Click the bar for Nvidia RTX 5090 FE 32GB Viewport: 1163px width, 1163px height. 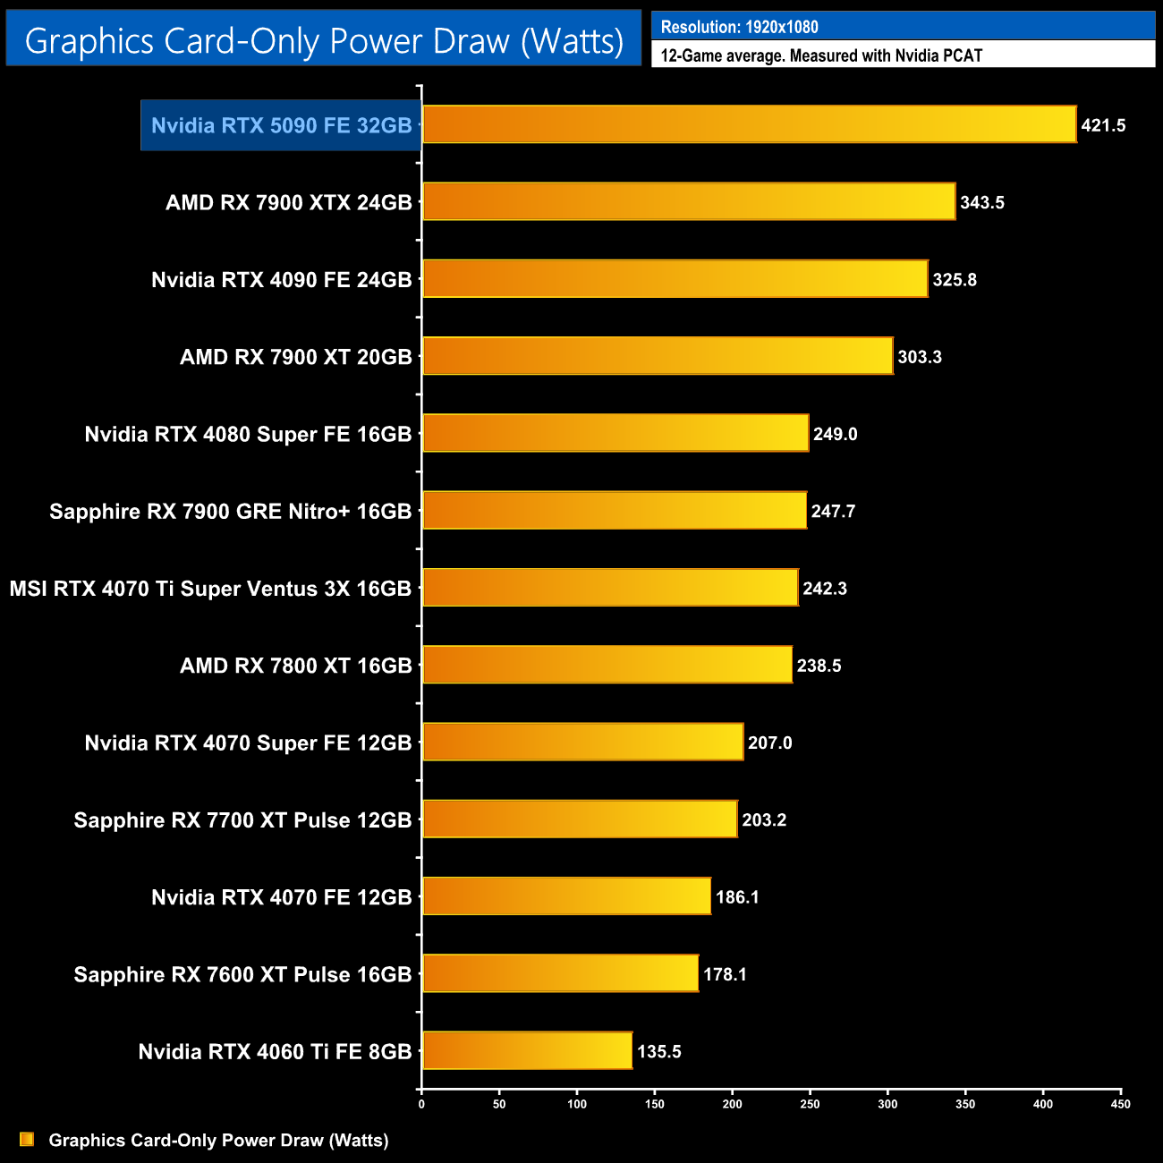pyautogui.click(x=749, y=124)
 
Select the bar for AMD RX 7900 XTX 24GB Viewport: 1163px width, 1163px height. pyautogui.click(x=689, y=201)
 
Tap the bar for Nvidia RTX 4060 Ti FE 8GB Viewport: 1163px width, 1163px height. pyautogui.click(x=527, y=1050)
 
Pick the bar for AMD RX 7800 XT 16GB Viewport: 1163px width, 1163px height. pyautogui.click(x=607, y=665)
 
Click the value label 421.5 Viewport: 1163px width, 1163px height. pyautogui.click(x=1103, y=125)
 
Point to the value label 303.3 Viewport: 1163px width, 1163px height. pyautogui.click(x=920, y=357)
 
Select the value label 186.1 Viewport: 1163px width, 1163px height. pyautogui.click(x=737, y=897)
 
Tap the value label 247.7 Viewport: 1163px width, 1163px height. pyautogui.click(x=833, y=512)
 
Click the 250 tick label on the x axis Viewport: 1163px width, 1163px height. pyautogui.click(x=810, y=1104)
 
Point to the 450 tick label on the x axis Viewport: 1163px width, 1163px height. pyautogui.click(x=1120, y=1104)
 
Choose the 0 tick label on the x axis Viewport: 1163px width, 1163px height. pyautogui.click(x=421, y=1104)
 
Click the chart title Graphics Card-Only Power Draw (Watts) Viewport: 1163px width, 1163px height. pyautogui.click(x=324, y=40)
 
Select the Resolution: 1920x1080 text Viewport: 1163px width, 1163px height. pyautogui.click(x=739, y=27)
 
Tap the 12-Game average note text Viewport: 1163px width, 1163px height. pyautogui.click(x=821, y=55)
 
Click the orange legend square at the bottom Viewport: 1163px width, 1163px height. pyautogui.click(x=27, y=1140)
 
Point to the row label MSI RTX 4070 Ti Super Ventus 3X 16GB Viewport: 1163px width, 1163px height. pyautogui.click(x=210, y=589)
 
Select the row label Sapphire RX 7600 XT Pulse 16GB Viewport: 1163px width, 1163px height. pyautogui.click(x=242, y=974)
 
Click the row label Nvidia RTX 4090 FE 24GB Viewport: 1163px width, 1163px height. pyautogui.click(x=281, y=280)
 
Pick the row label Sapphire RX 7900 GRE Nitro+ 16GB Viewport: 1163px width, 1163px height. pyautogui.click(x=230, y=512)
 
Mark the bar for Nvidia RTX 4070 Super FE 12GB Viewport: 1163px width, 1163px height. pyautogui.click(x=582, y=742)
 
